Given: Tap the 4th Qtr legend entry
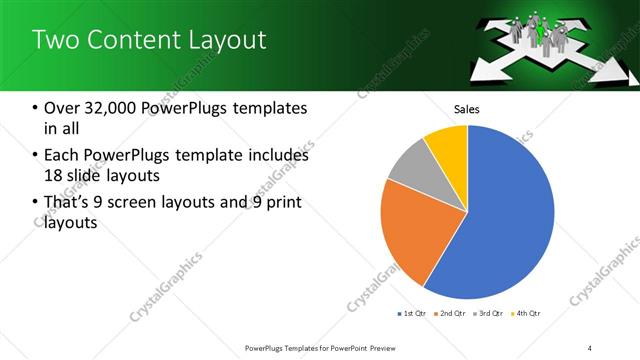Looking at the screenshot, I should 528,314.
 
